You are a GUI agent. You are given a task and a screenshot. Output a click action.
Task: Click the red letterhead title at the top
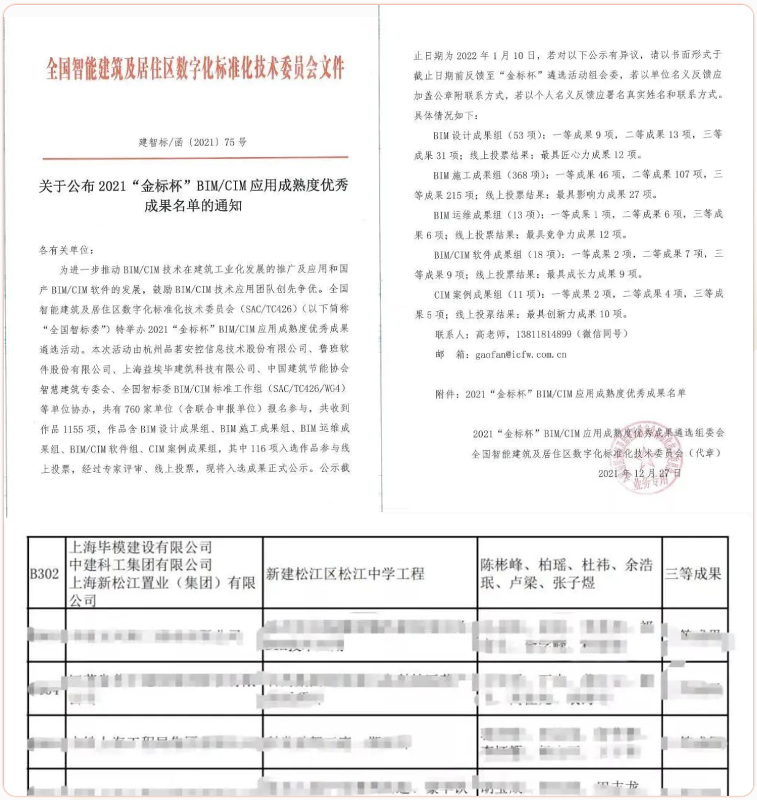(195, 68)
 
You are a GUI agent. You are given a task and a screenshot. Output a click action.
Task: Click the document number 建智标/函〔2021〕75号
(193, 142)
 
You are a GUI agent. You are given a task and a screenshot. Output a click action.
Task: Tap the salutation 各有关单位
(66, 250)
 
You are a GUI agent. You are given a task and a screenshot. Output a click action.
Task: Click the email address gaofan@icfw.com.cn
(521, 355)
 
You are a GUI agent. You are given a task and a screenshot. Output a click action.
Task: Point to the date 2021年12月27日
(639, 473)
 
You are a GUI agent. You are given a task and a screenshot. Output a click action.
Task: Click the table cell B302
(45, 574)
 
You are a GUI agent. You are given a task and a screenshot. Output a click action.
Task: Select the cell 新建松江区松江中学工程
(345, 574)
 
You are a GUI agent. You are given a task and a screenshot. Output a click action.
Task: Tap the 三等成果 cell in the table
(693, 574)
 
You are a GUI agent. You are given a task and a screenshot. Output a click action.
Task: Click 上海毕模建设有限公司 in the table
(140, 547)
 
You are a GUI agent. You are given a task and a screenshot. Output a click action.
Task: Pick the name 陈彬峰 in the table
(501, 565)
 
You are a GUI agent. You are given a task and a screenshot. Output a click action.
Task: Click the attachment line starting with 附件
(560, 394)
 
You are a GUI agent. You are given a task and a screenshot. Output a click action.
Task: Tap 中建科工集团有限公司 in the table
(140, 564)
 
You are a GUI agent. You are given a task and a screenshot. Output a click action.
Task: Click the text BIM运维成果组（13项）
(488, 215)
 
